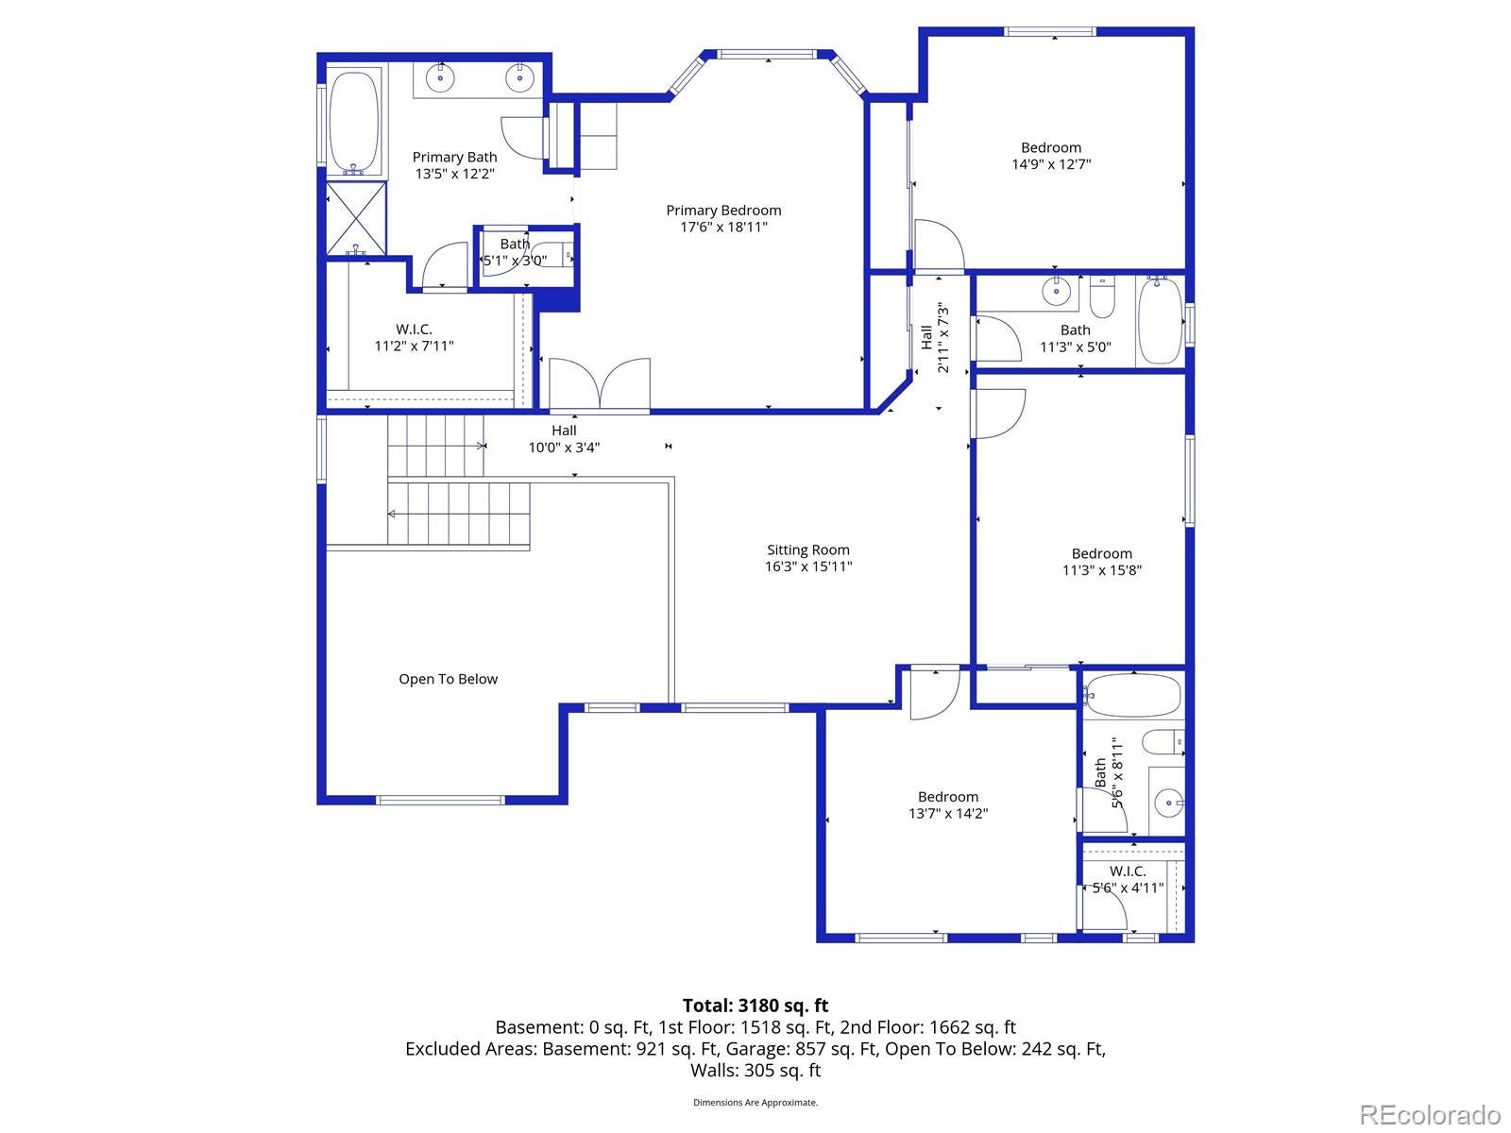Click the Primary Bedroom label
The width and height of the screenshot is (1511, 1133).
click(722, 211)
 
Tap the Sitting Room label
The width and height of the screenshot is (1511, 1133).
click(808, 550)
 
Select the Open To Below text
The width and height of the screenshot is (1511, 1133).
click(449, 679)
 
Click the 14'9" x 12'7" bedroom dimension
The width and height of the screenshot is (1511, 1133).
click(1051, 164)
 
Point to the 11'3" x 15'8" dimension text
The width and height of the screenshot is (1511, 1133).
click(1101, 570)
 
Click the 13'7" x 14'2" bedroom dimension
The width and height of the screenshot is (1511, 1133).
click(948, 814)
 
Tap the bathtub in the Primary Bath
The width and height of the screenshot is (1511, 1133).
click(354, 122)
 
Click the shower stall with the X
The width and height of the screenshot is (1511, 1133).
click(356, 219)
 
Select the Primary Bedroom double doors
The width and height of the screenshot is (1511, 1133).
click(600, 384)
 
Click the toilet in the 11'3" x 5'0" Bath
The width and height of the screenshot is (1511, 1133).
click(1102, 297)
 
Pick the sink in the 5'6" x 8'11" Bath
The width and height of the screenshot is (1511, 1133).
click(1168, 803)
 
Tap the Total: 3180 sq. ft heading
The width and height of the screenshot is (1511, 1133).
click(755, 1006)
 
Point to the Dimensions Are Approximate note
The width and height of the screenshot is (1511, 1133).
click(755, 1103)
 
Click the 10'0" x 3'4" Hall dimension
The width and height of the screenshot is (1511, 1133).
click(564, 448)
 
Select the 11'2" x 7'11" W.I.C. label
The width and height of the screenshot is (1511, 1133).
click(414, 338)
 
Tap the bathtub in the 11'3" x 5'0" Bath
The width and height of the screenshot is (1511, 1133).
click(1160, 321)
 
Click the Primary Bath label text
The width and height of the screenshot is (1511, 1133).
click(454, 158)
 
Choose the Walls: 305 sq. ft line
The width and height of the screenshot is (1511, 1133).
click(755, 1071)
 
